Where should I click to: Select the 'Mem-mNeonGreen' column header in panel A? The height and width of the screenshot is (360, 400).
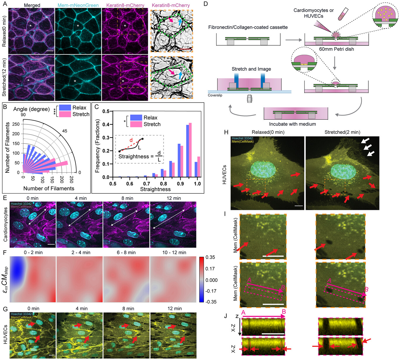78,5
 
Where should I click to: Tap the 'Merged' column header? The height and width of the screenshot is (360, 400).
32,5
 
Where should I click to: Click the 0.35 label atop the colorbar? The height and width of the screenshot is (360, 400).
210,257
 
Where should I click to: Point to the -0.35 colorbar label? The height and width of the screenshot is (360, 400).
211,302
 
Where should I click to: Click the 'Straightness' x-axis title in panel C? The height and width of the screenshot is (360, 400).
155,189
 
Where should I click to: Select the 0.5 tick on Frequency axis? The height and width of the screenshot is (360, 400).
106,111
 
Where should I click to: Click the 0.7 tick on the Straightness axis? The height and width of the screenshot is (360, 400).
147,184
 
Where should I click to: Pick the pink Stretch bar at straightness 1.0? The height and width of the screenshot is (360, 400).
199,167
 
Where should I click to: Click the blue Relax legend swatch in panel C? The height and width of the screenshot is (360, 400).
136,117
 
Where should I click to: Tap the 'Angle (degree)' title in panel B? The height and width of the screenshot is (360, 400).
31,109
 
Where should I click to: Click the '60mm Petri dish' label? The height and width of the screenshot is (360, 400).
336,49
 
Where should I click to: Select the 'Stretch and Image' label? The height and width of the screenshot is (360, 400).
251,69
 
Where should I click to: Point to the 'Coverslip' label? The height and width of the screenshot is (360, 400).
215,95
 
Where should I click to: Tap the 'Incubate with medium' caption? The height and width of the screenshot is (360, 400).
292,124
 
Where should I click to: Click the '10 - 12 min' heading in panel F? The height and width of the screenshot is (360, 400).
174,252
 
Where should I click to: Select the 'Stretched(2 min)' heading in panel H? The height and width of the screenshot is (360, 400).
342,132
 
